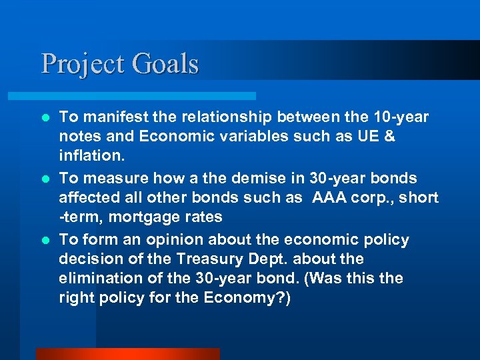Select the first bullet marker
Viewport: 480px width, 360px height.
45,118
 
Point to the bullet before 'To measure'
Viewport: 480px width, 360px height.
45,179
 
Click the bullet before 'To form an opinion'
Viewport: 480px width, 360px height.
45,240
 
